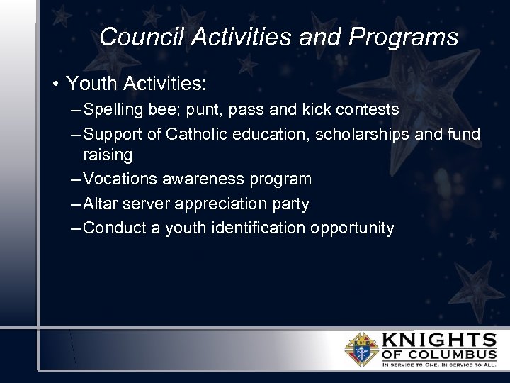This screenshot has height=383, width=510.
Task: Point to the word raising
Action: tap(108, 155)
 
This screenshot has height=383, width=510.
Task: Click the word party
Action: tap(290, 204)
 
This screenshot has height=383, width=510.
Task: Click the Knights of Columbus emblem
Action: tap(361, 349)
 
